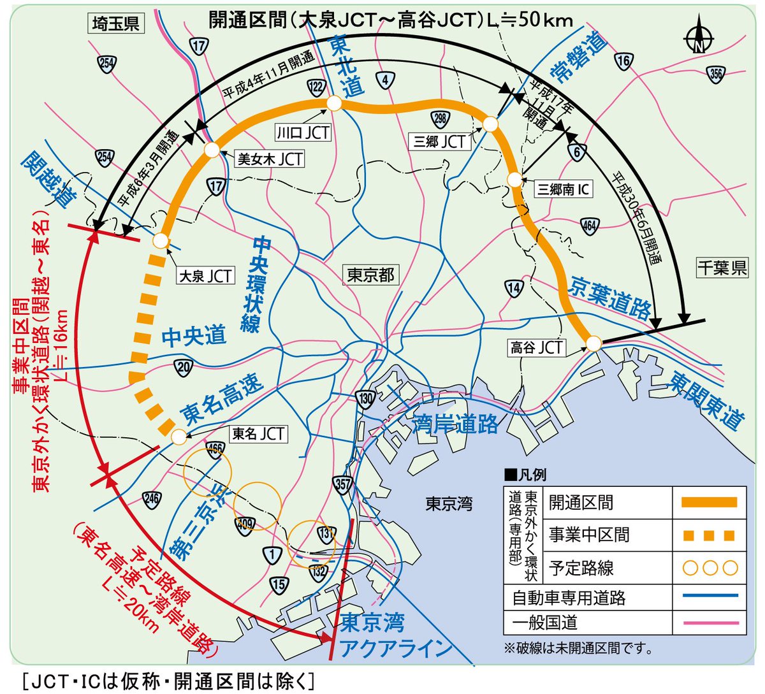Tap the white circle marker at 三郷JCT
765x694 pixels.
click(490, 124)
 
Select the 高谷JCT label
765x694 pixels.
click(537, 347)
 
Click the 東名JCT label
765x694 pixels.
click(258, 434)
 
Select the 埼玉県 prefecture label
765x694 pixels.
click(115, 24)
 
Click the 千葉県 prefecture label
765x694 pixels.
click(722, 267)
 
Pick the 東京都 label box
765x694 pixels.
click(370, 275)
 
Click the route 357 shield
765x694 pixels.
click(343, 484)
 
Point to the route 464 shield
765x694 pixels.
click(590, 225)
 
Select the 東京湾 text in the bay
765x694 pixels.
click(449, 504)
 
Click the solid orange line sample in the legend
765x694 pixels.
click(709, 502)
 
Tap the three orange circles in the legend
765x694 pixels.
click(710, 568)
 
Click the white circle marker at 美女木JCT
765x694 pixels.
click(212, 150)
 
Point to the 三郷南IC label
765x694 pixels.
click(564, 189)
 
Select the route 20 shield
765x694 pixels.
click(184, 366)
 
